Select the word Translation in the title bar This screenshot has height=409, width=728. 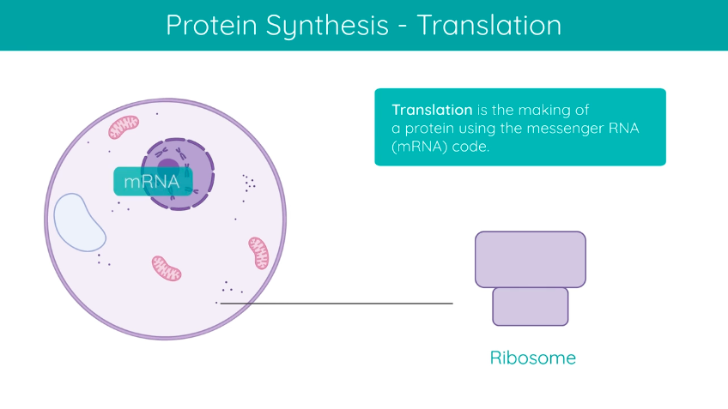point(489,25)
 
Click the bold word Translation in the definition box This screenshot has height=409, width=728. point(432,110)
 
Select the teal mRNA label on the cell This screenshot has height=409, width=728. point(152,182)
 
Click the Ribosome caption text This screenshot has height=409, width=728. point(532,358)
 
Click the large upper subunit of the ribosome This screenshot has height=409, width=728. point(531,259)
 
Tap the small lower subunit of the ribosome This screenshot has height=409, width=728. point(531,306)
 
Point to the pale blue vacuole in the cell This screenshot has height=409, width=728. point(80,222)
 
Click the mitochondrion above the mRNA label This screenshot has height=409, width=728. point(123,127)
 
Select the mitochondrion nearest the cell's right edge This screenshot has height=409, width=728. point(258,253)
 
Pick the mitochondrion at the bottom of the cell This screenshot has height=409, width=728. point(167,268)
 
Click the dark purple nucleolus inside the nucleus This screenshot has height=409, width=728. point(169,167)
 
